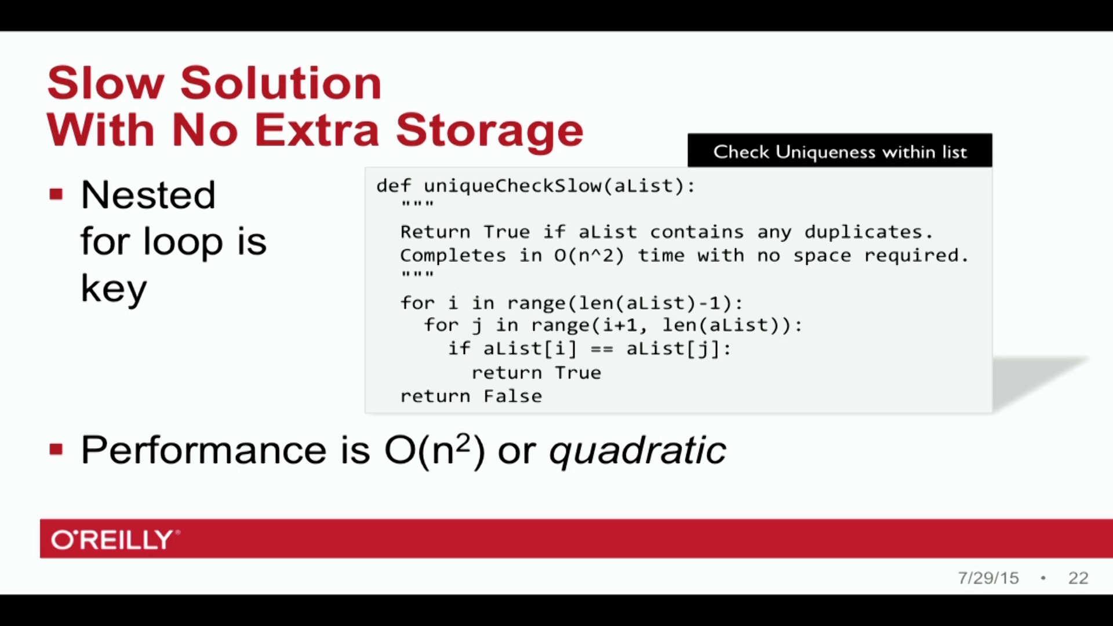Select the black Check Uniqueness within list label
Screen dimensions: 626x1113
(x=839, y=151)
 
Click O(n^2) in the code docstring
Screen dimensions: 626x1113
(x=588, y=256)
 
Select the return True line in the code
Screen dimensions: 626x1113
(x=536, y=373)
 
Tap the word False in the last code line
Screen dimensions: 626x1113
(x=512, y=396)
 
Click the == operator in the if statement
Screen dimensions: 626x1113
(x=601, y=349)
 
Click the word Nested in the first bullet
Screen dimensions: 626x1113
(x=148, y=195)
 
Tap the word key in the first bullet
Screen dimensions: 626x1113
(x=114, y=289)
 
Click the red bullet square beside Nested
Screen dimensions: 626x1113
(x=56, y=194)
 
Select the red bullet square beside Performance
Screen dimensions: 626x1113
(x=56, y=449)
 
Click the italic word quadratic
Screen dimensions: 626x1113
(x=637, y=450)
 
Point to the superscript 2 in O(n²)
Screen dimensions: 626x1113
(x=463, y=442)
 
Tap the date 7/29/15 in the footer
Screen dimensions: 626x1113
(x=988, y=578)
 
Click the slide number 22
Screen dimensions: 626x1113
(x=1078, y=578)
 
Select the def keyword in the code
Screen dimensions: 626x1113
(x=393, y=186)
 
